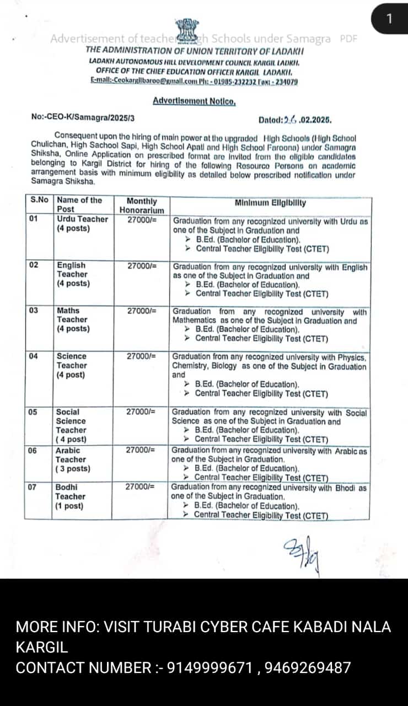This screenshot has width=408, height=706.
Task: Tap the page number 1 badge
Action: pos(389,19)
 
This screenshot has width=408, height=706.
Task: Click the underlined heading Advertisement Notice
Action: pos(194,101)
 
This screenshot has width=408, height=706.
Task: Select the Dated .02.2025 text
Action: pos(295,119)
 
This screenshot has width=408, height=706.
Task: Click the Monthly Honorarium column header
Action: pos(142,205)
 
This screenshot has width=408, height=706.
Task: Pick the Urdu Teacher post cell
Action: pos(82,223)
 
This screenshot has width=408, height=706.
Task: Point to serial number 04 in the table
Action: pos(34,356)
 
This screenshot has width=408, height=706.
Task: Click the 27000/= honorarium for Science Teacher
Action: pos(142,356)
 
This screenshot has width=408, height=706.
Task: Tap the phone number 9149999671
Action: pos(211,667)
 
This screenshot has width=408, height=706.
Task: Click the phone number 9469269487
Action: pos(308,667)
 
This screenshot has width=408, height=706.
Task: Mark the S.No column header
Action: pos(39,200)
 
